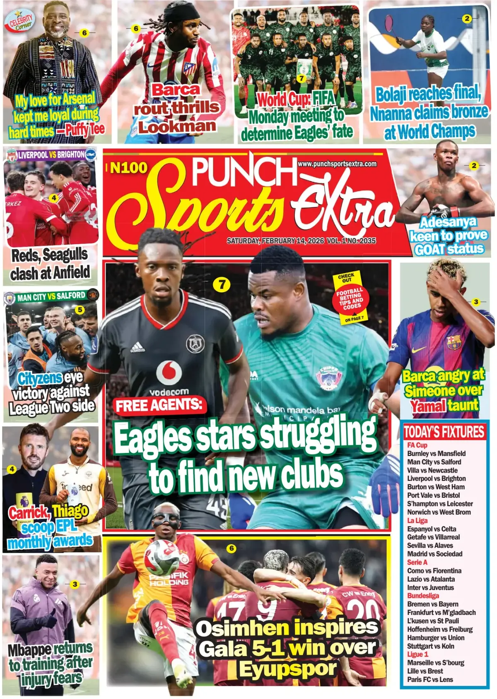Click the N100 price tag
tap(129, 168)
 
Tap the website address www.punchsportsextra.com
tap(337, 164)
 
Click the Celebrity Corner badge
tap(21, 22)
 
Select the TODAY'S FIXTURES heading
tap(444, 432)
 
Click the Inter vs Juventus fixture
tap(430, 588)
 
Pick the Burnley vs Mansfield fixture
tap(436, 454)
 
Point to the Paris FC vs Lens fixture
tap(430, 680)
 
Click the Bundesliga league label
tap(423, 596)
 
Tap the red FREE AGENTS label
tap(159, 406)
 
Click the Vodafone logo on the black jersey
tap(169, 371)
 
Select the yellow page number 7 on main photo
tap(222, 284)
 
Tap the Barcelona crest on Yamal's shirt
tap(454, 342)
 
